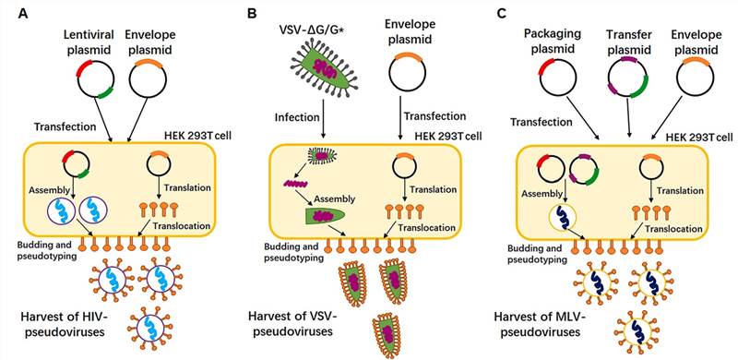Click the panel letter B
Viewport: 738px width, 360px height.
coord(252,13)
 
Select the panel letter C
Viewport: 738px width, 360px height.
coord(502,13)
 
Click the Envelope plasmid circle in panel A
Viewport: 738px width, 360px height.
coord(146,79)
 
